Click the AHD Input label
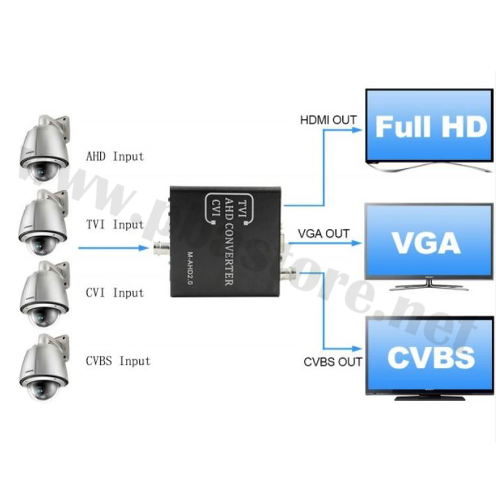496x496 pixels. [x=114, y=156]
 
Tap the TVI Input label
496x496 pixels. [x=114, y=224]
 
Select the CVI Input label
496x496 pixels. [x=114, y=292]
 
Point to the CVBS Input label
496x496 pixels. [x=118, y=361]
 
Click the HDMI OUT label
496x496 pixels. [x=328, y=120]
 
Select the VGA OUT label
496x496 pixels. [x=324, y=234]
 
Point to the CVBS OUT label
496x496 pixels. [x=333, y=362]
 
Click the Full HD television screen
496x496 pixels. [x=429, y=126]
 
